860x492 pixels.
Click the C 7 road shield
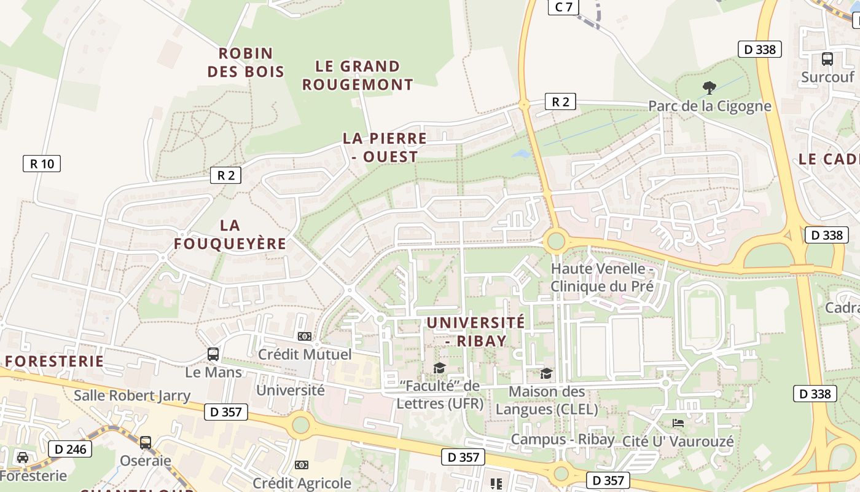pyautogui.click(x=563, y=7)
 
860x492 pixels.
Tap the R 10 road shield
pyautogui.click(x=42, y=164)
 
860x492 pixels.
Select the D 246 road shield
pyautogui.click(x=71, y=450)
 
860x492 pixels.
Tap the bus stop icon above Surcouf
pyautogui.click(x=827, y=59)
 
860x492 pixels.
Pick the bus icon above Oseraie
pyautogui.click(x=146, y=443)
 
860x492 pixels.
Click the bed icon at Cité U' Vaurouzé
pyautogui.click(x=678, y=423)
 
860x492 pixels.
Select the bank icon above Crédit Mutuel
pyautogui.click(x=304, y=336)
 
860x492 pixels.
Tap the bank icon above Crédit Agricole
pyautogui.click(x=301, y=465)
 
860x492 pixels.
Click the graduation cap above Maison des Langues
pyautogui.click(x=546, y=373)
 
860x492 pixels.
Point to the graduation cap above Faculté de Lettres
pyautogui.click(x=439, y=368)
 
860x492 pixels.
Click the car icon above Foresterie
pyautogui.click(x=23, y=458)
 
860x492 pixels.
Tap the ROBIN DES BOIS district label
pyautogui.click(x=246, y=63)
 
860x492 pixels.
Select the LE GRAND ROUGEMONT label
pyautogui.click(x=358, y=75)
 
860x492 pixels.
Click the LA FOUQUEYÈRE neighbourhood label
pyautogui.click(x=230, y=234)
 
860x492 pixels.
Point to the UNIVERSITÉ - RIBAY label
pyautogui.click(x=476, y=331)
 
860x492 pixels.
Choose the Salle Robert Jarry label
pyautogui.click(x=132, y=395)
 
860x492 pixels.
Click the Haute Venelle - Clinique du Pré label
pyautogui.click(x=601, y=277)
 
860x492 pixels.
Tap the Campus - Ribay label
pyautogui.click(x=563, y=439)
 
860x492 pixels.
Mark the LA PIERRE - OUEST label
pyautogui.click(x=385, y=147)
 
